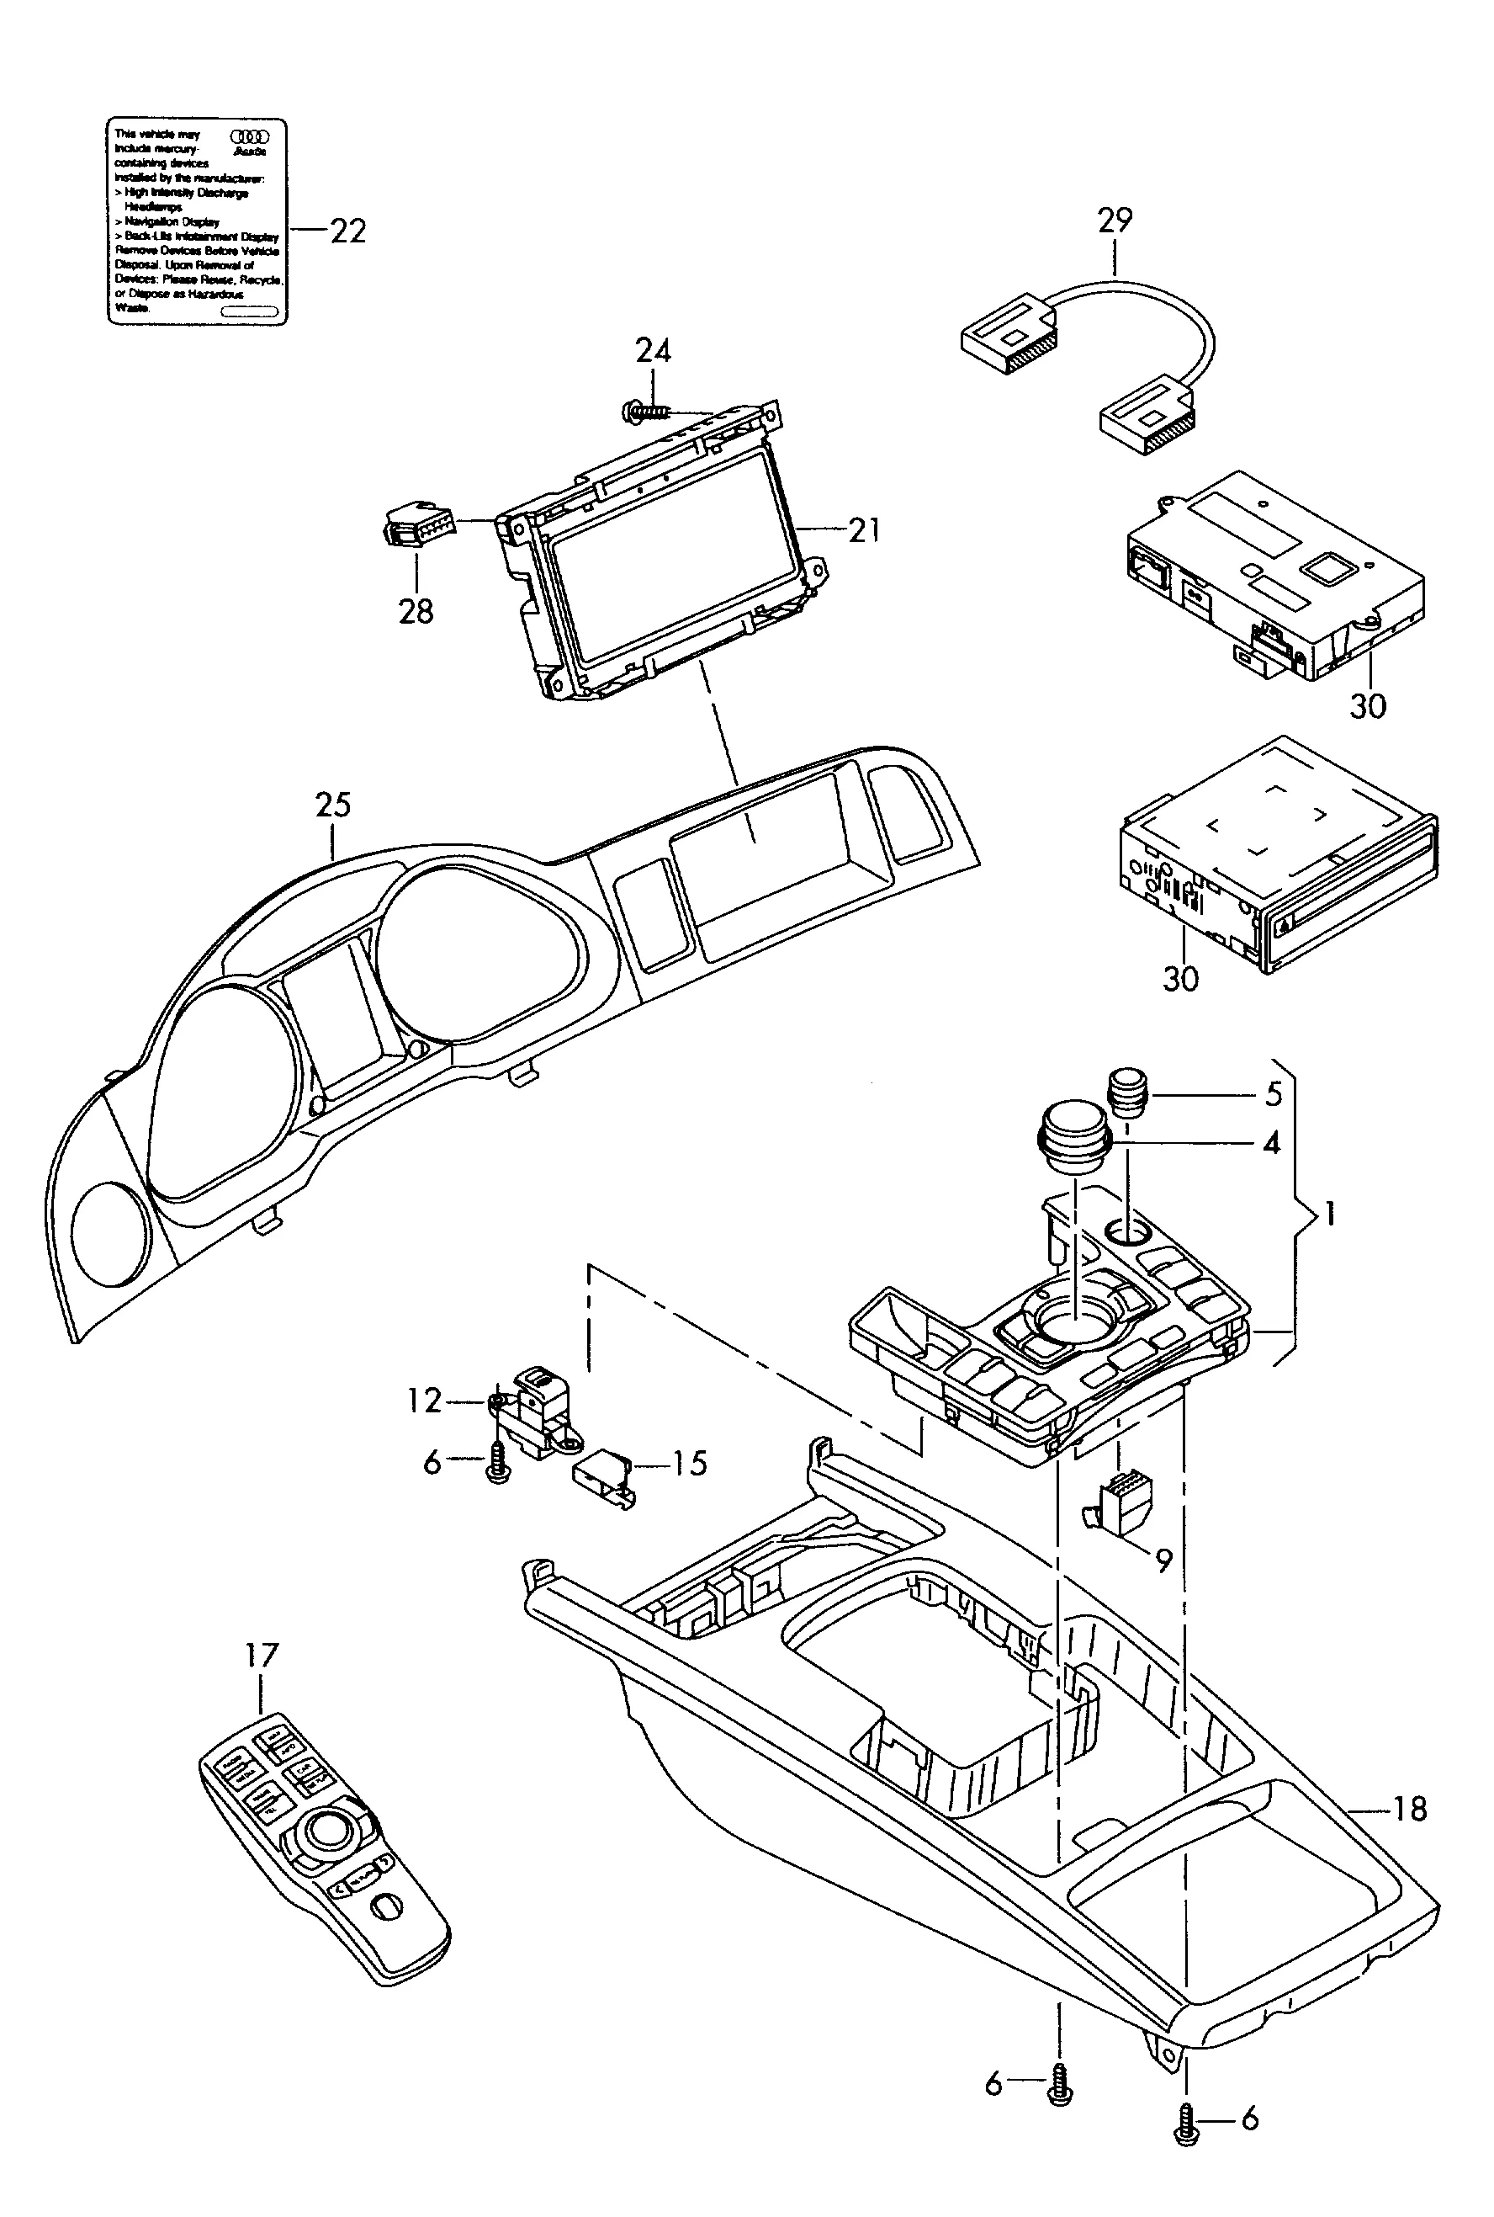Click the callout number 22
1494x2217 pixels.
point(347,231)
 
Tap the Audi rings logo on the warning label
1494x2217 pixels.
point(250,136)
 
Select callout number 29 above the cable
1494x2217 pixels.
point(1115,221)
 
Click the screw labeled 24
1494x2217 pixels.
point(644,412)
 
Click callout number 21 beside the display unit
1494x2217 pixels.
point(864,530)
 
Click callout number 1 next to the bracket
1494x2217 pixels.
point(1330,1215)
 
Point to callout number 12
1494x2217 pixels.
point(424,1401)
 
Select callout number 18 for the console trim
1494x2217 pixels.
point(1410,1808)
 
